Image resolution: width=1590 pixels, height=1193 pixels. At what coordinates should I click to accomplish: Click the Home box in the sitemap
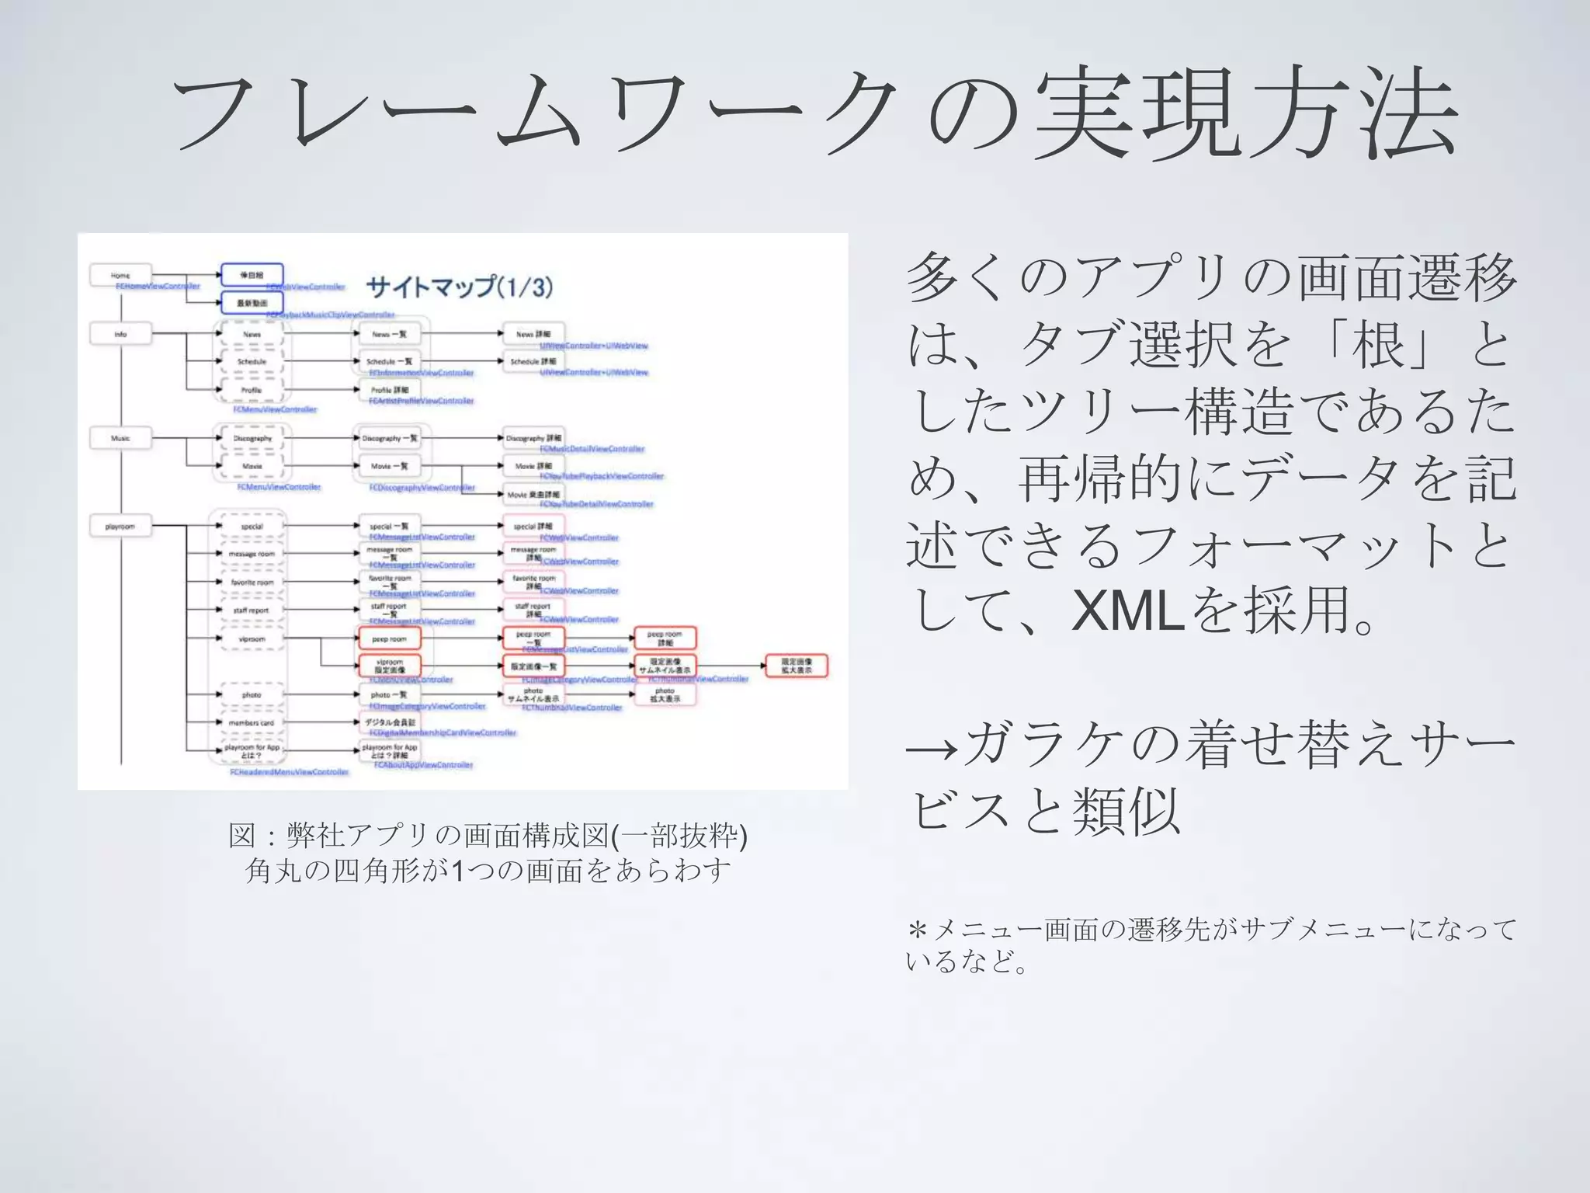pyautogui.click(x=120, y=275)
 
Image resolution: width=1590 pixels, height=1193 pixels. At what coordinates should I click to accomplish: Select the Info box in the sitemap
pyautogui.click(x=120, y=334)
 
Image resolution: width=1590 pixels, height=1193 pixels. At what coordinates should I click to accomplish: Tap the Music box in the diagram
pyautogui.click(x=120, y=438)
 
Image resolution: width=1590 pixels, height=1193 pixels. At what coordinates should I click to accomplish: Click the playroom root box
pyautogui.click(x=120, y=527)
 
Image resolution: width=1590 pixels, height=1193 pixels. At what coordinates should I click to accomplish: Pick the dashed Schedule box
pyautogui.click(x=252, y=362)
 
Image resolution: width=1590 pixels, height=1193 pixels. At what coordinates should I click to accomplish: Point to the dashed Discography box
pyautogui.click(x=252, y=438)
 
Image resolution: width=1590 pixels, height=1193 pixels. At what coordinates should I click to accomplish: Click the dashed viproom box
pyautogui.click(x=252, y=639)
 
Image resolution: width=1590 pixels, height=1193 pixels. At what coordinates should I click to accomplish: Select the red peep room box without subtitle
pyautogui.click(x=389, y=639)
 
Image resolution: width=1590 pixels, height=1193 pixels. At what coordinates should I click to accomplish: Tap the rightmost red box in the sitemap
pyautogui.click(x=797, y=666)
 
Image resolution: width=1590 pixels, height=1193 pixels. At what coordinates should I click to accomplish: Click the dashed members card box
pyautogui.click(x=252, y=722)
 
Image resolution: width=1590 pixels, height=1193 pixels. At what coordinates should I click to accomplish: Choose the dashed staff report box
pyautogui.click(x=252, y=610)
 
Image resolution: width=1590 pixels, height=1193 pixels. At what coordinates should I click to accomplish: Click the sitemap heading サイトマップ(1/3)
pyautogui.click(x=459, y=287)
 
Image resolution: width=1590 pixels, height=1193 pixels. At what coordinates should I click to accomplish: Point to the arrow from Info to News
pyautogui.click(x=186, y=334)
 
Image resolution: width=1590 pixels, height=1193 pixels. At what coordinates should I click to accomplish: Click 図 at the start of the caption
pyautogui.click(x=241, y=836)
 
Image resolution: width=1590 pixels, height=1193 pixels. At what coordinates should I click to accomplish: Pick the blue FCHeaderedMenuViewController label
pyautogui.click(x=289, y=772)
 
